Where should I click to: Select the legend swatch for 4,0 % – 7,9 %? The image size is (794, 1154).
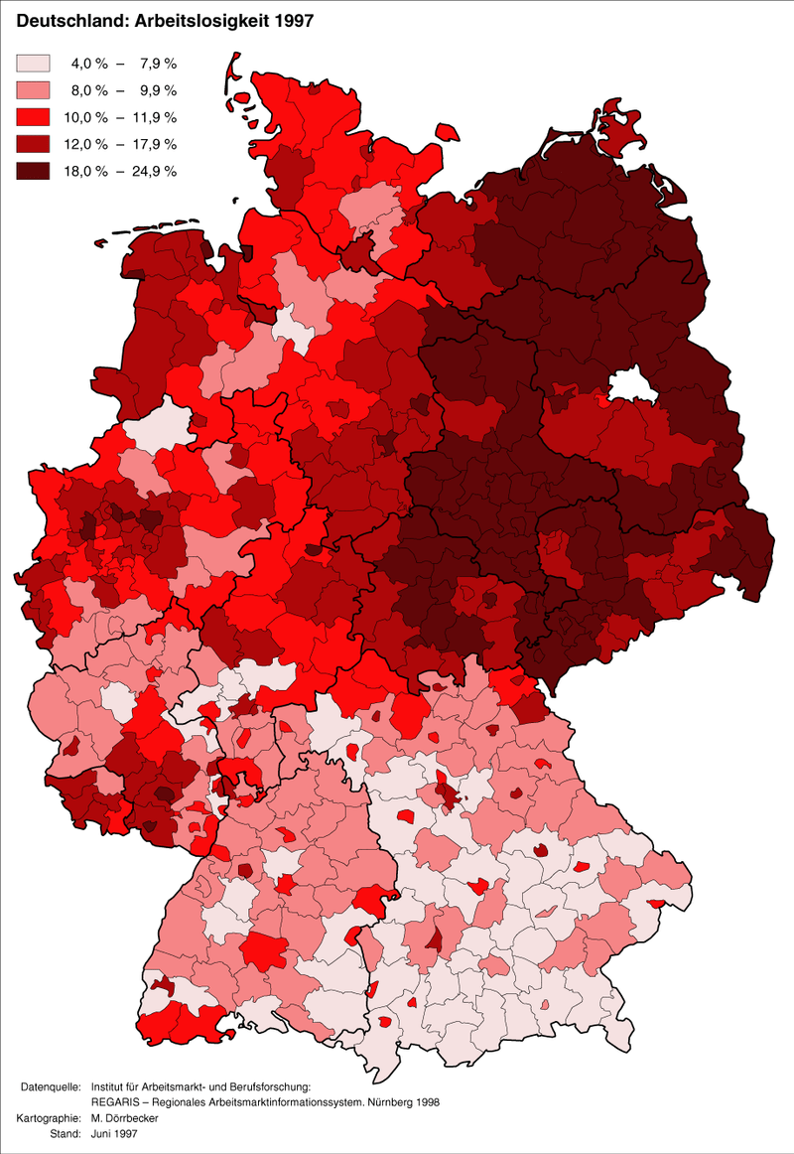tap(33, 64)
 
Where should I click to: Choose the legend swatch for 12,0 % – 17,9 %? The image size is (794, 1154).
tap(33, 144)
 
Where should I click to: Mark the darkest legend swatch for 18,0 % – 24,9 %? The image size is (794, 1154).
tap(33, 171)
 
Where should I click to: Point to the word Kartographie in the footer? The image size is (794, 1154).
tap(49, 1118)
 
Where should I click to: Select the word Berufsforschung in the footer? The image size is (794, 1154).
tap(271, 1088)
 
